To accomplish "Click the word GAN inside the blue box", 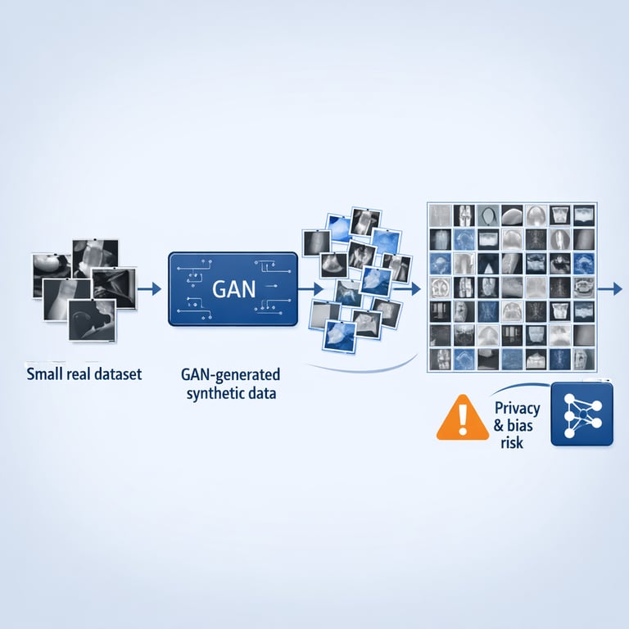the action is pos(232,290).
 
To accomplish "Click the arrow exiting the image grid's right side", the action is pos(612,288).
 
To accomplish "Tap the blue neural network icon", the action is pos(581,414).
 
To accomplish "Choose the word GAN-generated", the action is pos(229,375).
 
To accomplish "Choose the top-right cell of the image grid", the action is pos(585,215).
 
